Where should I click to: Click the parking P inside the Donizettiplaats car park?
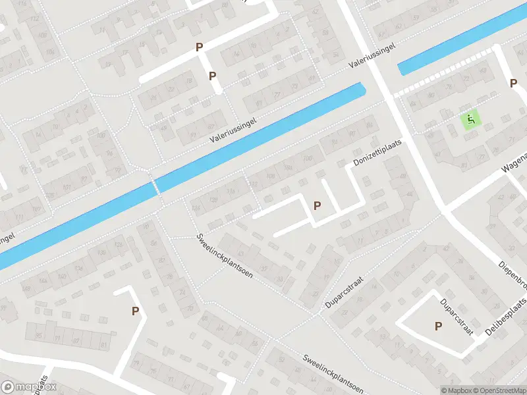pos(318,205)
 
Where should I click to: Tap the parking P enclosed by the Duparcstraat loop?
pos(438,325)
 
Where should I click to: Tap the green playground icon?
pos(470,120)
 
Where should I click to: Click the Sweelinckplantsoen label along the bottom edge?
pos(334,374)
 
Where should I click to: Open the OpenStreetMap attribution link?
pos(500,390)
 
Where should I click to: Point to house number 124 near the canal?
pos(196,209)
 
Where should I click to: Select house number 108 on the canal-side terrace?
pos(269,175)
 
